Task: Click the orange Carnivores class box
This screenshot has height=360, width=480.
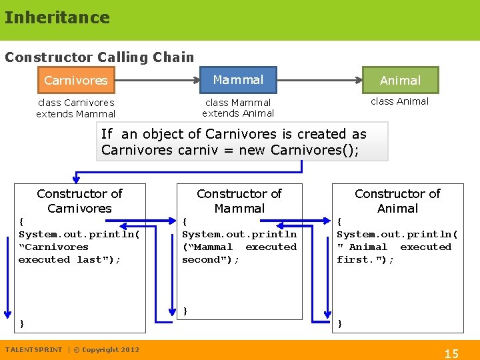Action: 75,80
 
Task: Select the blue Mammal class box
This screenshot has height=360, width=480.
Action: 238,80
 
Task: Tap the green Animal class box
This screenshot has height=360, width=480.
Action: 400,80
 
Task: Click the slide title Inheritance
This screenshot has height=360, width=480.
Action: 57,17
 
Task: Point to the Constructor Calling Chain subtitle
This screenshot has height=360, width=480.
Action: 99,57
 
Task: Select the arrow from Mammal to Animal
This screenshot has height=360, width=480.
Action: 319,80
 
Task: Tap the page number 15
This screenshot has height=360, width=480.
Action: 451,353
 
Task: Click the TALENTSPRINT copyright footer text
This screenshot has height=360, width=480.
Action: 72,349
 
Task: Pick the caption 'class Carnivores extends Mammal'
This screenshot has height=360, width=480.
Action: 75,108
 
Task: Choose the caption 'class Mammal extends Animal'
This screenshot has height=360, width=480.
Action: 238,108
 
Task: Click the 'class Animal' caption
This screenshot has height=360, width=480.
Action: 399,101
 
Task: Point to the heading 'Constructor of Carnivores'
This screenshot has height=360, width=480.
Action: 79,201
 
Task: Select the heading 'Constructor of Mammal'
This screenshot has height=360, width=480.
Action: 239,201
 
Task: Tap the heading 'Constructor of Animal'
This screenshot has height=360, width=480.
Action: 397,201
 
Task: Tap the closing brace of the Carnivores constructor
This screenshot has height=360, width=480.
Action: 22,323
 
